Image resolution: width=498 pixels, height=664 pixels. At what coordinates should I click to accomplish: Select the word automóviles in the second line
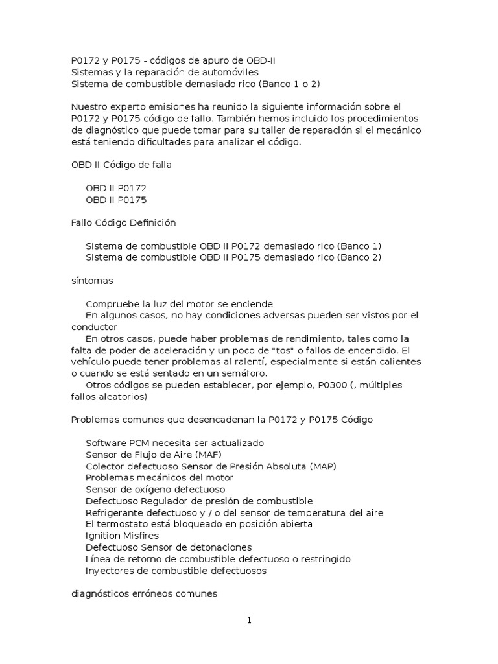click(230, 72)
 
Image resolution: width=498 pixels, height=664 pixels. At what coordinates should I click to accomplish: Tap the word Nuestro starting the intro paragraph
click(89, 106)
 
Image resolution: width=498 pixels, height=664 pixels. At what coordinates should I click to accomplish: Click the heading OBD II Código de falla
click(121, 165)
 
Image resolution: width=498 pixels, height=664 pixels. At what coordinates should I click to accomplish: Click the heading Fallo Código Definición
click(123, 222)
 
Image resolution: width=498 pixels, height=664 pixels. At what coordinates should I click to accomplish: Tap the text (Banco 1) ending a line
click(359, 246)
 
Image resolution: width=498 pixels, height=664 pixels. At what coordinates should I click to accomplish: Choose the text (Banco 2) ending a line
click(359, 257)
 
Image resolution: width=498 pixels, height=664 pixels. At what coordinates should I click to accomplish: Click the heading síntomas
click(92, 281)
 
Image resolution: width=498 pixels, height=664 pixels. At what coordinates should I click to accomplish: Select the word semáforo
click(250, 373)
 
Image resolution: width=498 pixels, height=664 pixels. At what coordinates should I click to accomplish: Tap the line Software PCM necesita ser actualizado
click(174, 443)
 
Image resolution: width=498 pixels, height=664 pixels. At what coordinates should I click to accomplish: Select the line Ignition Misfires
click(122, 536)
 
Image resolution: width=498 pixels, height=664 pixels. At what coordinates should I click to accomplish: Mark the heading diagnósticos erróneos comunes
click(144, 593)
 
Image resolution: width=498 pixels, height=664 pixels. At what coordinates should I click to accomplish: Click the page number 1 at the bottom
click(248, 621)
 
